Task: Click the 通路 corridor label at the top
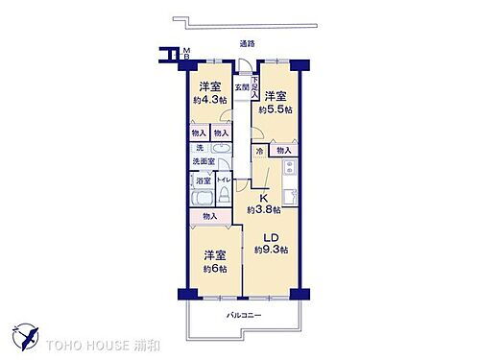(x=247, y=44)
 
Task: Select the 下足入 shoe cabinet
(x=255, y=88)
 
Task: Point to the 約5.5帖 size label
(x=276, y=109)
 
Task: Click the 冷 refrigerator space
(x=259, y=151)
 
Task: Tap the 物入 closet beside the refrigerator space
(x=283, y=151)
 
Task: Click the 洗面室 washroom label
(x=203, y=161)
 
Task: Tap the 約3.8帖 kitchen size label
(x=263, y=209)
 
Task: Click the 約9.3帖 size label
(x=271, y=250)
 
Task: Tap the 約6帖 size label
(x=214, y=269)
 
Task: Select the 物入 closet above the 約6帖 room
(x=209, y=217)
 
